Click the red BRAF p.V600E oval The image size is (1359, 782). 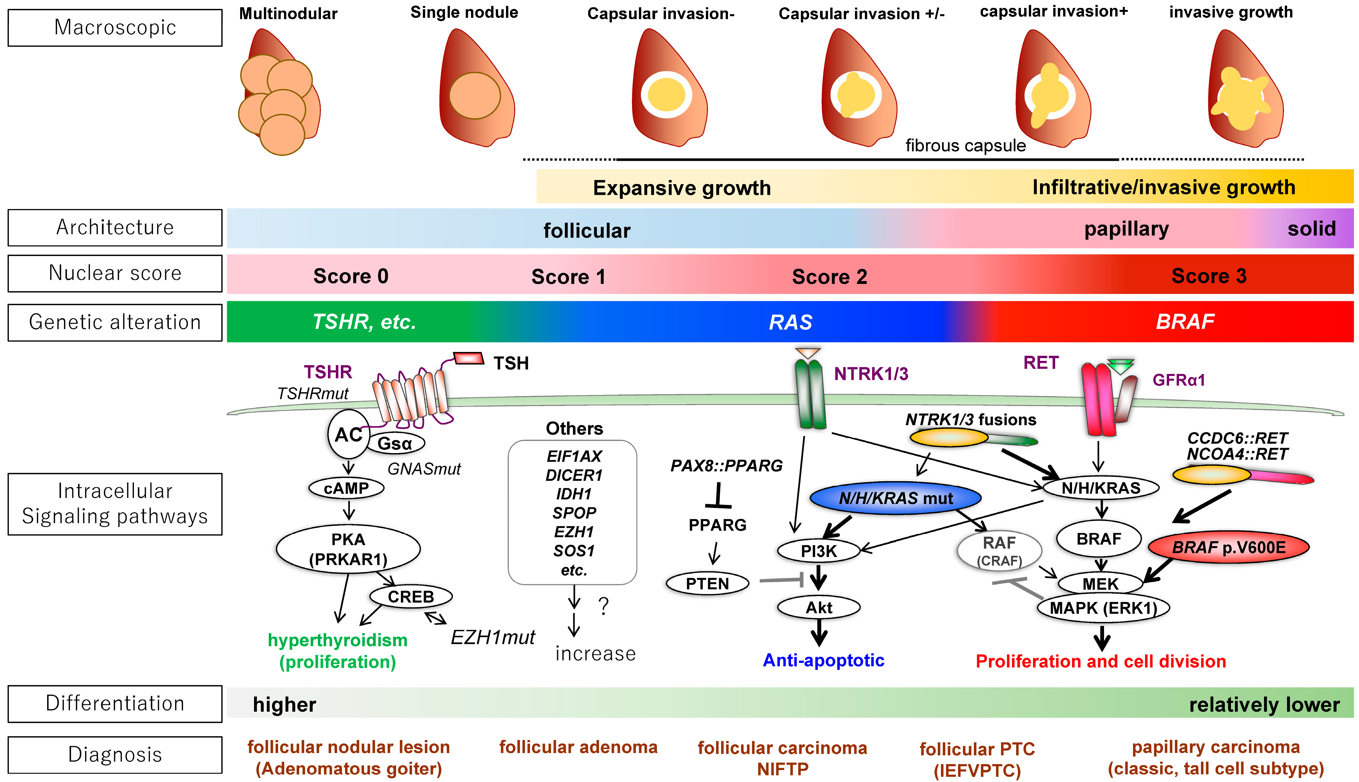click(1228, 547)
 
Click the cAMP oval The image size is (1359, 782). click(346, 488)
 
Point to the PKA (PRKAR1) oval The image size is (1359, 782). click(348, 549)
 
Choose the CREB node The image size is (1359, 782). click(411, 596)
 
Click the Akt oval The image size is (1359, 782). click(819, 608)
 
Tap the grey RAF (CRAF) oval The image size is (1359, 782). click(999, 550)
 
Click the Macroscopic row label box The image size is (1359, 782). click(115, 27)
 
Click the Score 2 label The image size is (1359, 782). click(829, 277)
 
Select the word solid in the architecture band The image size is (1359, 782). click(1311, 229)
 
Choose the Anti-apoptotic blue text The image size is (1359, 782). click(823, 660)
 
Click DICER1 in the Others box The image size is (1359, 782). click(574, 475)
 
